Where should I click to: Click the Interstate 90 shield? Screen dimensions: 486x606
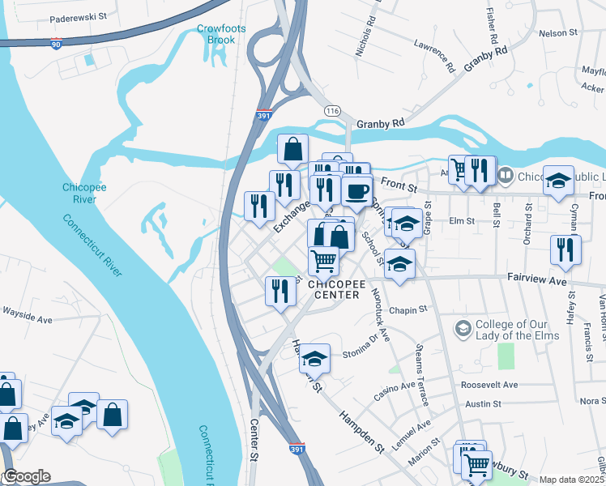[x=55, y=45]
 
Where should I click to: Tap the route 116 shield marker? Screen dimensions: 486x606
[x=331, y=110]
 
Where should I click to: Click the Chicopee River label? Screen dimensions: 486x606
[x=84, y=193]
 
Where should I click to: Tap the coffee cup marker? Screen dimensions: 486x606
[x=356, y=192]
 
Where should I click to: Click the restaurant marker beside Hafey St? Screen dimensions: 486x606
[x=565, y=249]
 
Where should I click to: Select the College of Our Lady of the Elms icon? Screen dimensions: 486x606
[x=463, y=329]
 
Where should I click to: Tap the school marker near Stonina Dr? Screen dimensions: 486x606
[x=314, y=357]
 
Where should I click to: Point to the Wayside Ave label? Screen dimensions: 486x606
[x=27, y=320]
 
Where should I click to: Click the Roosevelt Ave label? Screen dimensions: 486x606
[x=489, y=385]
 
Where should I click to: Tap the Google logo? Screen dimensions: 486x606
[x=26, y=477]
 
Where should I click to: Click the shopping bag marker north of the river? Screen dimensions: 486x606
[x=292, y=150]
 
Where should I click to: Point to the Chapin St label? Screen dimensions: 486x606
[x=407, y=310]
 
